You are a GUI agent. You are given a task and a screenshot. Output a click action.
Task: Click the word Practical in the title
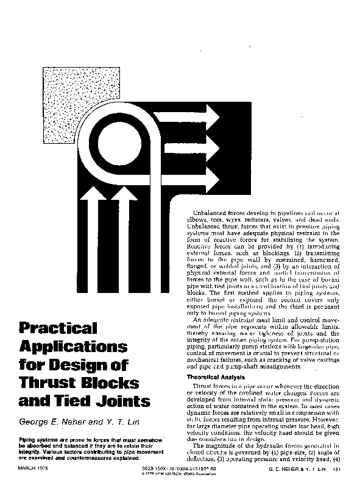click(58, 328)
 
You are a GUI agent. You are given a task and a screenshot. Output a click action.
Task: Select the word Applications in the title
click(74, 347)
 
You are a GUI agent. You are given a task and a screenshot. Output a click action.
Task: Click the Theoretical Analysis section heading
click(217, 378)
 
